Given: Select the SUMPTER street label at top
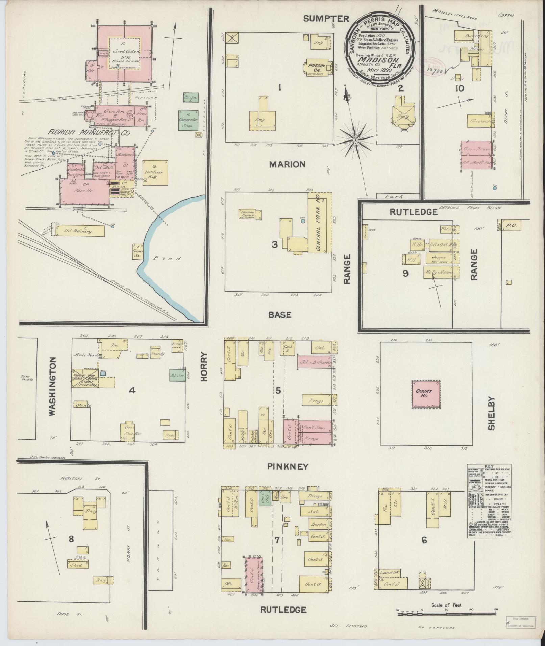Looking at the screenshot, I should (326, 19).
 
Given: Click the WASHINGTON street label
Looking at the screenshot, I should (52, 387).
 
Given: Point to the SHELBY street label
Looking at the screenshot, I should (491, 413).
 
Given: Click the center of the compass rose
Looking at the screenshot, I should (355, 140).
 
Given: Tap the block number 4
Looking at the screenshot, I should (132, 391).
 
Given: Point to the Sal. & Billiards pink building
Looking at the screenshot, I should (314, 362).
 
